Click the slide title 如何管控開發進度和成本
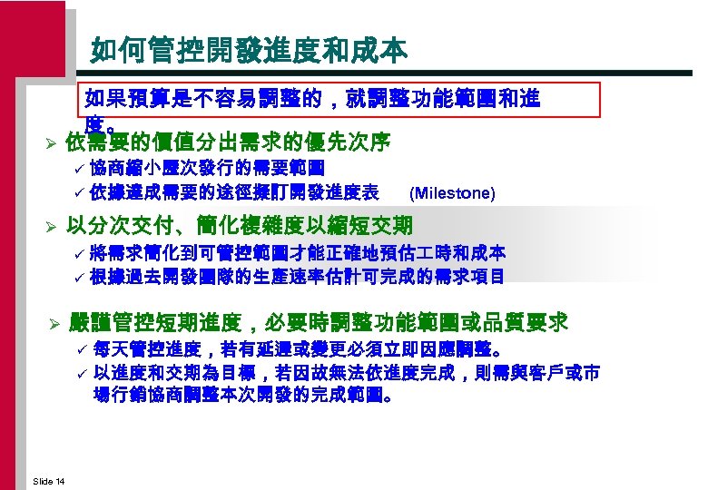coord(249,49)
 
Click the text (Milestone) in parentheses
coord(453,193)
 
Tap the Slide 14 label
coord(47,479)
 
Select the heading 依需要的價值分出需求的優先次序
coord(229,142)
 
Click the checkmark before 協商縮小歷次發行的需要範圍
coord(79,169)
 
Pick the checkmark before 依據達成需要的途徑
coord(79,192)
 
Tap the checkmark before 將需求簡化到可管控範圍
coord(79,253)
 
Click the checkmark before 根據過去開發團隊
coord(79,276)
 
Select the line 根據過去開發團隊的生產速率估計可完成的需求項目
coord(297,276)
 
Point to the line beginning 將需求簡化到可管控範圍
coord(297,252)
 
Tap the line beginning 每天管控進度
coord(300,348)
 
